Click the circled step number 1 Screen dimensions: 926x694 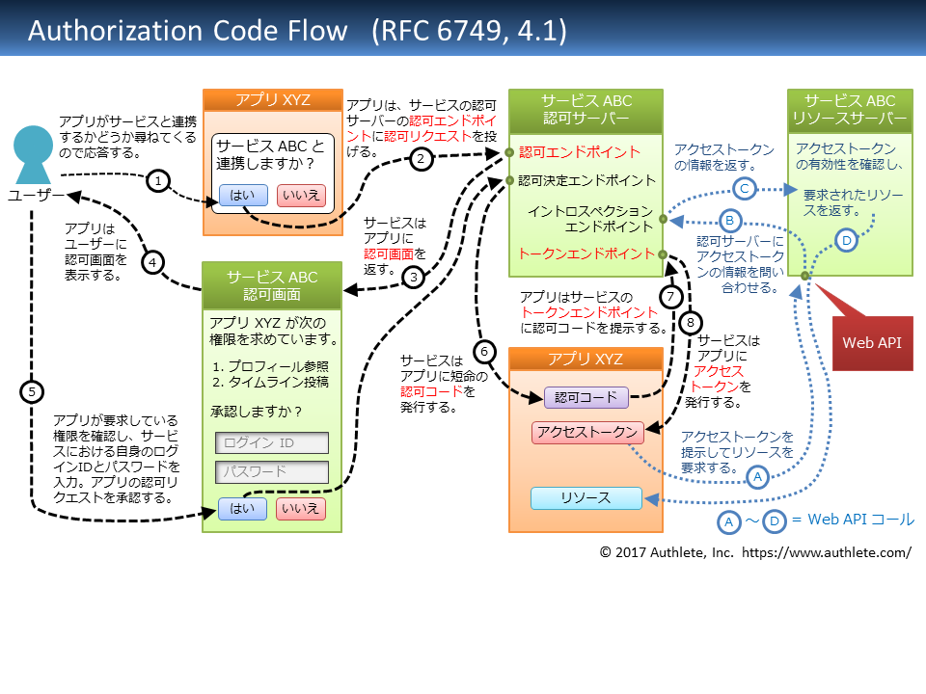coord(158,180)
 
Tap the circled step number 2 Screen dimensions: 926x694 coord(422,159)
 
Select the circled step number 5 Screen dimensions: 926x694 coord(32,392)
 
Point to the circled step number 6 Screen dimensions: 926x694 coord(484,352)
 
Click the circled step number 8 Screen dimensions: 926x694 coord(691,323)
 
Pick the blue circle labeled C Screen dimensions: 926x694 coord(744,189)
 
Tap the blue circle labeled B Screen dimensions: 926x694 coord(730,221)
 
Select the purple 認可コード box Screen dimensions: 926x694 coord(586,398)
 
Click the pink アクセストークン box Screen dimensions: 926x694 coord(587,433)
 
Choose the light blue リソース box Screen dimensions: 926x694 coord(586,498)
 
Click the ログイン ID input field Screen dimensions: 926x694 coord(272,442)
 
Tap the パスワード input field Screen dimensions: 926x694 coord(272,472)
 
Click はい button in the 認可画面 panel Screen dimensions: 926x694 coord(242,509)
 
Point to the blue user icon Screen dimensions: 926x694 coord(33,154)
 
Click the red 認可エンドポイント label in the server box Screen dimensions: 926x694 coord(580,152)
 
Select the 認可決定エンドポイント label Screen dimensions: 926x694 coord(586,180)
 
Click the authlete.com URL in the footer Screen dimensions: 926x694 coord(827,553)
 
